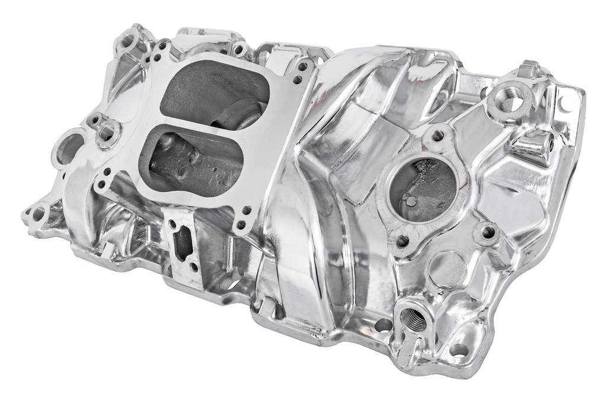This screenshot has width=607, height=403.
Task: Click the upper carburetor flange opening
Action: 213,95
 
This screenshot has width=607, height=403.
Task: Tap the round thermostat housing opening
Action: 422,188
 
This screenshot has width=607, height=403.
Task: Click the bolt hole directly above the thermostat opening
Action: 438,136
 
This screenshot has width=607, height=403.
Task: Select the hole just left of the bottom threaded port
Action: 383,325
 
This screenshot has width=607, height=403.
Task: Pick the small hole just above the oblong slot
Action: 172,224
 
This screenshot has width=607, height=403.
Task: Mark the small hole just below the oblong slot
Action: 194,267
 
